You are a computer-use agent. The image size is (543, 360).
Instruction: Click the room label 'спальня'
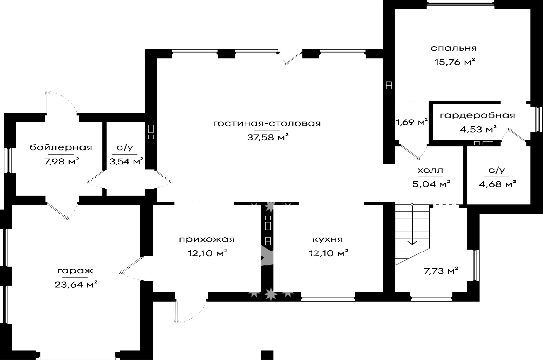tap(453, 48)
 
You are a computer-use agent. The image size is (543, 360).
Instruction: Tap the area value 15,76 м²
tap(454, 62)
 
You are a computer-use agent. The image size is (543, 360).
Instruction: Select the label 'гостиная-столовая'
tap(267, 124)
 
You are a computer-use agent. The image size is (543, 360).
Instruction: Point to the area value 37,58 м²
tap(268, 137)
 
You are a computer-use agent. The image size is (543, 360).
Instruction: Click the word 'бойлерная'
tap(61, 147)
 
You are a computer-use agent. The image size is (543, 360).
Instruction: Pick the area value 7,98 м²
tap(61, 161)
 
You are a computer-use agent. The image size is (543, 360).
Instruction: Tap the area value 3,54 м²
tap(126, 161)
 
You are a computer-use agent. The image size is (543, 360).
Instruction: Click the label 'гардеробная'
tap(477, 115)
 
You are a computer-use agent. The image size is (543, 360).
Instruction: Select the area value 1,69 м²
tap(412, 122)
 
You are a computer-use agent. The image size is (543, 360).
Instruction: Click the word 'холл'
tap(430, 170)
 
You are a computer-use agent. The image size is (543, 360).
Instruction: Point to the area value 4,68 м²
tap(497, 184)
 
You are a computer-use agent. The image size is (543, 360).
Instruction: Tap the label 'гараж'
tap(75, 271)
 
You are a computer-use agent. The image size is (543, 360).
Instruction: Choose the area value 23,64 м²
tap(76, 284)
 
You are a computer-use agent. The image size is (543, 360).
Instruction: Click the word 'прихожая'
tap(207, 240)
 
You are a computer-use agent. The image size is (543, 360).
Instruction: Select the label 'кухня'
tap(328, 240)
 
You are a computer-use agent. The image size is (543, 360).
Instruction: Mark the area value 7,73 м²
tap(441, 271)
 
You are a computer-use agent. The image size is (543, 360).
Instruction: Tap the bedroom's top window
tap(461, 3)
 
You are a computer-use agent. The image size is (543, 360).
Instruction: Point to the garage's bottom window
tap(78, 358)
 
